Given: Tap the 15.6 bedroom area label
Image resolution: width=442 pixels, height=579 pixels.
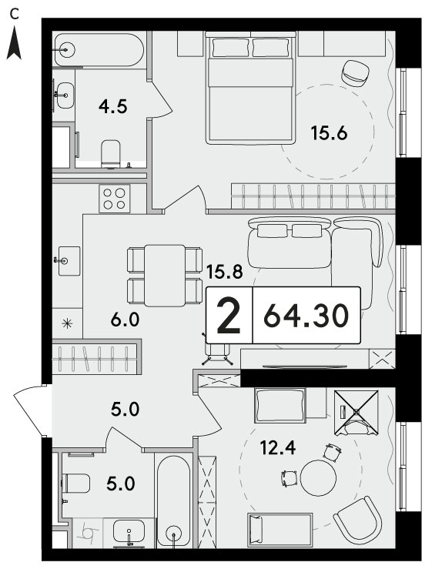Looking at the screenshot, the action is point(329,133).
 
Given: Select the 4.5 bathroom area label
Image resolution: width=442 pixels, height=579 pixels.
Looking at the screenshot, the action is point(113,107).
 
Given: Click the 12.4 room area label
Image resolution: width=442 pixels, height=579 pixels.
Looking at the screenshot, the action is point(278,448).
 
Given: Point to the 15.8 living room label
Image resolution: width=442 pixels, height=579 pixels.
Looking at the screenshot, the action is point(225,272).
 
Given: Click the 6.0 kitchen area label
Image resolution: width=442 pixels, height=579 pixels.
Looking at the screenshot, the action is point(125,320).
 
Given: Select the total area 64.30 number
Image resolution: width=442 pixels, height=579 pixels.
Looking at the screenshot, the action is point(306,316).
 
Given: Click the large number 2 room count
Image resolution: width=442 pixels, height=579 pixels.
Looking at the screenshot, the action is point(229,316).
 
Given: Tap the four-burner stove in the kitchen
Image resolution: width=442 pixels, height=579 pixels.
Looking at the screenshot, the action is point(115,199).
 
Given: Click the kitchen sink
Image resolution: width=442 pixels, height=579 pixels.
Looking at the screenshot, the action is point(69,261).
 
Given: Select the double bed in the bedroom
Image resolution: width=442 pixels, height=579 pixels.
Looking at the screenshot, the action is point(251,88).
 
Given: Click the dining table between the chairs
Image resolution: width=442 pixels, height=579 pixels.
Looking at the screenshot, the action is point(165,276).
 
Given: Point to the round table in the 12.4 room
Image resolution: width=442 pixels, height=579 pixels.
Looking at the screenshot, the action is point(318,477).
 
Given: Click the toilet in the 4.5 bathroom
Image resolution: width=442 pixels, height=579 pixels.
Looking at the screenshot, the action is point(111,154).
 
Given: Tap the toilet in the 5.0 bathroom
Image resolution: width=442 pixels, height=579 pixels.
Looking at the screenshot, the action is point(76,483).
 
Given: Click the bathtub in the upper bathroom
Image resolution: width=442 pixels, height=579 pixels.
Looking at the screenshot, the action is point(99,49).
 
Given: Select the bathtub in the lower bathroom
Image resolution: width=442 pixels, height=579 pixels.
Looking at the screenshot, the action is point(173,502).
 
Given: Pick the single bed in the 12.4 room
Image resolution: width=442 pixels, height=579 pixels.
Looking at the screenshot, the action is point(280,530).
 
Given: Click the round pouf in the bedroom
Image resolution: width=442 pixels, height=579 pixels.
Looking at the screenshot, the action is point(356,73).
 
